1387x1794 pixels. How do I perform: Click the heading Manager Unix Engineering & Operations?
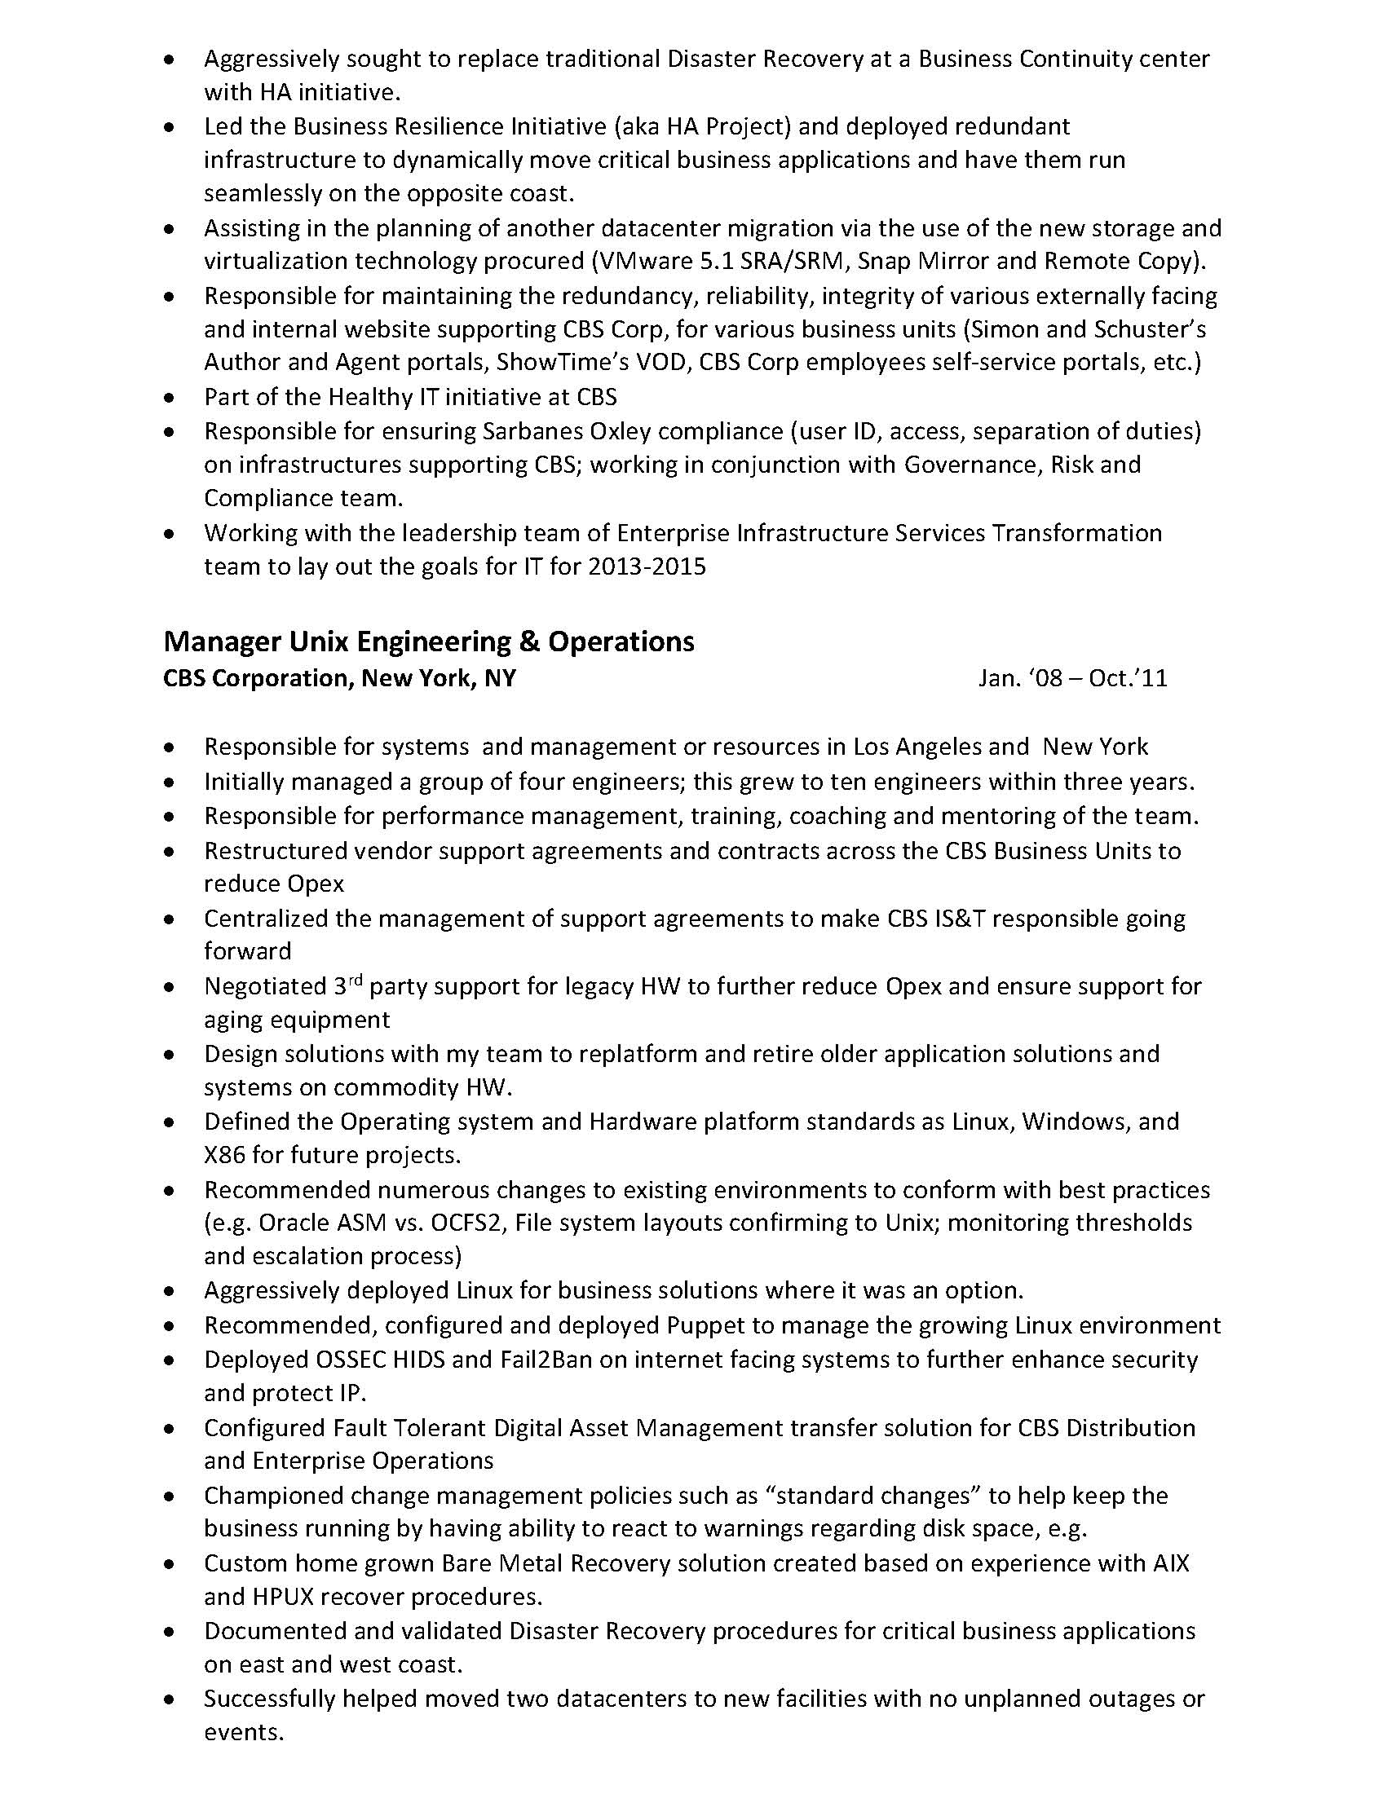tap(428, 641)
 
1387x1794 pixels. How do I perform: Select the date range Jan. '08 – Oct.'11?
tap(1072, 678)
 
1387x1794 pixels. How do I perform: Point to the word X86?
tap(224, 1155)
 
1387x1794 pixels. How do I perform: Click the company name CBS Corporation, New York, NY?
tap(339, 678)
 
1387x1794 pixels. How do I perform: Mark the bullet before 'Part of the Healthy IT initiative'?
tap(170, 399)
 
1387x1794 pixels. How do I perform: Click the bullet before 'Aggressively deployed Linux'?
tap(170, 1292)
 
